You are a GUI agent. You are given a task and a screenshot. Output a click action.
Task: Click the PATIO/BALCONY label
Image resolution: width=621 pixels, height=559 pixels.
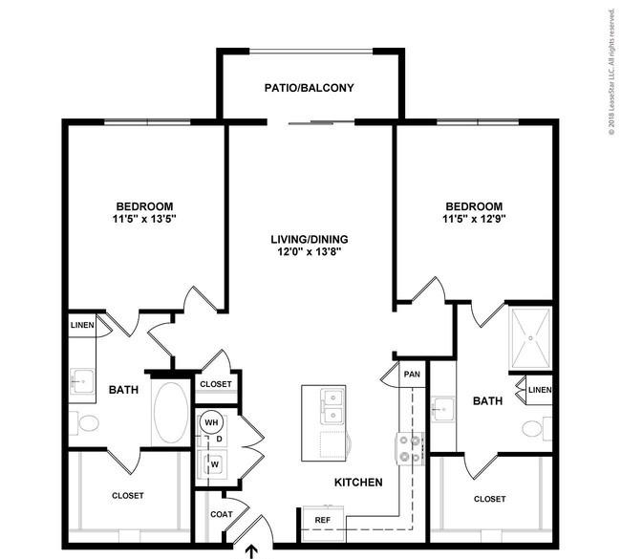[309, 88]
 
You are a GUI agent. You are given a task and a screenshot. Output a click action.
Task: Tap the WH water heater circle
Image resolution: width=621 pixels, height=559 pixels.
[211, 422]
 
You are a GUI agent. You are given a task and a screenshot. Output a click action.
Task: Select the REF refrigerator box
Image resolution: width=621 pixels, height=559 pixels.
[323, 524]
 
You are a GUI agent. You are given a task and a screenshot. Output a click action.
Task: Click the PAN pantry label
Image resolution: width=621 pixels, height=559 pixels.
[412, 374]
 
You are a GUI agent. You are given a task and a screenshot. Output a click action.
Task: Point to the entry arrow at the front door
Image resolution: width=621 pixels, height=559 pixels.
[252, 552]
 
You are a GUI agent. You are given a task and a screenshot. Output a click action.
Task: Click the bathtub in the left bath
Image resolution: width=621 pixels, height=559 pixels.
[171, 413]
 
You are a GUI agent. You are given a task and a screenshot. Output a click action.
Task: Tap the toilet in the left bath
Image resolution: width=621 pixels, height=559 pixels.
[84, 423]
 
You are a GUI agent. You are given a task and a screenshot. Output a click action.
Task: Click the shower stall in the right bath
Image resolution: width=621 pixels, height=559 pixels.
[530, 338]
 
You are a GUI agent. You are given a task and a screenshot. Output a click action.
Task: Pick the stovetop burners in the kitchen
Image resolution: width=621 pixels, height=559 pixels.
[410, 448]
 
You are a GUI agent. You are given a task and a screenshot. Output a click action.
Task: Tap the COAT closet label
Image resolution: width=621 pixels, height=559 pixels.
[222, 514]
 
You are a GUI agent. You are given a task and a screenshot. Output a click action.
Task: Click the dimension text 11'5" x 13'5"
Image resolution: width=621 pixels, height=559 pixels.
[144, 219]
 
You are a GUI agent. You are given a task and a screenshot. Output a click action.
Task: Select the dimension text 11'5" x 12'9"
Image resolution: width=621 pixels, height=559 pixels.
[474, 219]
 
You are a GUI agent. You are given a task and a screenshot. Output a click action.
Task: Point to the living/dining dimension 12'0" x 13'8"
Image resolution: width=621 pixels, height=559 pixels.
[310, 251]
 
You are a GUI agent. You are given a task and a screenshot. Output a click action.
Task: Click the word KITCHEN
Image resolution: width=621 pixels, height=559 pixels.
[358, 483]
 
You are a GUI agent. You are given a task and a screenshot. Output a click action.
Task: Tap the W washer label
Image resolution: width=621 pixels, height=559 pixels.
[215, 464]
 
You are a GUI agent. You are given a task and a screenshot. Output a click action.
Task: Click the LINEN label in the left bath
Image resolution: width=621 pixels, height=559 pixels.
[82, 325]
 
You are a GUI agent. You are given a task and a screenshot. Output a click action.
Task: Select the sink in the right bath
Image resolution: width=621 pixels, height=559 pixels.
[442, 409]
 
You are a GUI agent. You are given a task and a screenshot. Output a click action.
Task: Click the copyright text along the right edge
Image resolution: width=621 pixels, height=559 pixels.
[611, 72]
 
